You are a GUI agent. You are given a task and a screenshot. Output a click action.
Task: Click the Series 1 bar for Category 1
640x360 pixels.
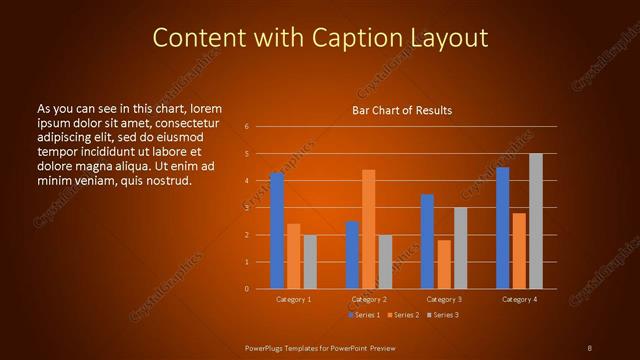tap(277, 231)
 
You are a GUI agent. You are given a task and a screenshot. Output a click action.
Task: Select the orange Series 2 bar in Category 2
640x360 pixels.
tap(369, 229)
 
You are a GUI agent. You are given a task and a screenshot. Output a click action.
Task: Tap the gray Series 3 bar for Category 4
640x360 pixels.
tap(536, 221)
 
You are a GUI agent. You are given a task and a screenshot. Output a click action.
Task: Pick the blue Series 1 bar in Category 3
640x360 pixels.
tap(427, 241)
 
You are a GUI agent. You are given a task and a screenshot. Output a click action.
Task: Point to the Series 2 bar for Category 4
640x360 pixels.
tap(519, 251)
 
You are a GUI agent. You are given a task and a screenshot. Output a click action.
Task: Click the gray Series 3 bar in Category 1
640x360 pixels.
tap(310, 262)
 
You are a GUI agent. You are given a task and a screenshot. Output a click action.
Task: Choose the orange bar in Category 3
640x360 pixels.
tap(444, 264)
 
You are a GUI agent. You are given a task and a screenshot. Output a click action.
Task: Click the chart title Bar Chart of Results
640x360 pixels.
tap(402, 110)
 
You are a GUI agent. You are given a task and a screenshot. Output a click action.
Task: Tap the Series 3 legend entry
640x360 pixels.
tap(443, 315)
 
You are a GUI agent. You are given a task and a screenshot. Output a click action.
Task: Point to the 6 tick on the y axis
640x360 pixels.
tap(246, 127)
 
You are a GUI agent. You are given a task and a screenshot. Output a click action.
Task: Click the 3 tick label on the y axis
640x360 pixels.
tap(246, 208)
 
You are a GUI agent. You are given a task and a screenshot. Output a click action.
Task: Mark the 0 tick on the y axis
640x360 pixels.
tap(246, 289)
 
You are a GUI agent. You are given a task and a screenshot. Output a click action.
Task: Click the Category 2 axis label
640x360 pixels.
tap(369, 299)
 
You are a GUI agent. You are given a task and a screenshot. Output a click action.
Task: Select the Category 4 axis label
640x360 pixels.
tap(519, 299)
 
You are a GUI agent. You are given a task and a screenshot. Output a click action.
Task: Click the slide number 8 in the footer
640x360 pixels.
tap(590, 347)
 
